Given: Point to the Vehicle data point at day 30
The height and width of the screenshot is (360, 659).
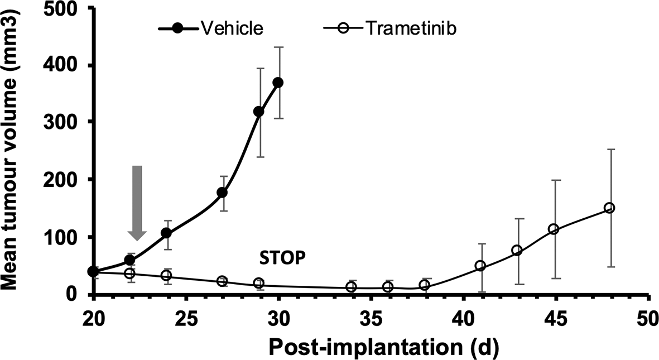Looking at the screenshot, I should [x=278, y=83].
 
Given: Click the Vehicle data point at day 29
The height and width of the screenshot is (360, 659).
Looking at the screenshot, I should [x=259, y=112].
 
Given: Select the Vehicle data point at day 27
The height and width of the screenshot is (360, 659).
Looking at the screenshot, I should [x=222, y=193].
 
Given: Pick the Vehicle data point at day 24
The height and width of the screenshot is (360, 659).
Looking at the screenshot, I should [x=166, y=233].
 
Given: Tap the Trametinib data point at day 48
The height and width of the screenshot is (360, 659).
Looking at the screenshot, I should [x=609, y=208].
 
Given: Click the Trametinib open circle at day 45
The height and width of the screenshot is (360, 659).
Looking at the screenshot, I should [x=554, y=229].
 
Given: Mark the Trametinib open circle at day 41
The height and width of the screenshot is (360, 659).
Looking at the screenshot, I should [x=480, y=266].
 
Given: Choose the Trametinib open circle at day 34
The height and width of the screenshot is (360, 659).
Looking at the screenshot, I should [x=351, y=287].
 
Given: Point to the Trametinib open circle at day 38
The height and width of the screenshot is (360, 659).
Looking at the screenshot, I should [x=424, y=285].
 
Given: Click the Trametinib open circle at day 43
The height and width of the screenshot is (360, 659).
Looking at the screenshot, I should [x=517, y=250].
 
